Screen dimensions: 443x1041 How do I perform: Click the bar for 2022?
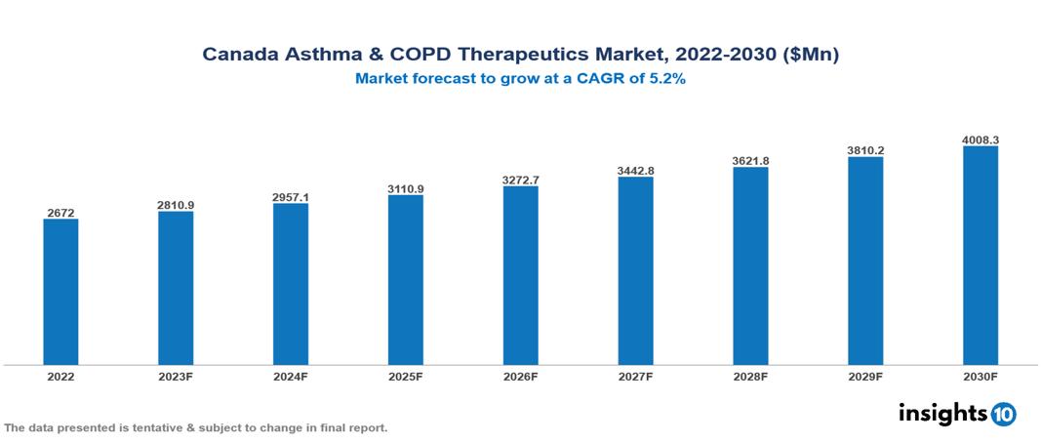pyautogui.click(x=60, y=292)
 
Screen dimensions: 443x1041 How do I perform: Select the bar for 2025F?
pyautogui.click(x=405, y=280)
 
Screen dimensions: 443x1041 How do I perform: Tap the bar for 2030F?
pyautogui.click(x=980, y=256)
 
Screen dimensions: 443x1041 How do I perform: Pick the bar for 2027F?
pyautogui.click(x=635, y=271)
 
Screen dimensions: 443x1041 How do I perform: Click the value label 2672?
pyautogui.click(x=60, y=212)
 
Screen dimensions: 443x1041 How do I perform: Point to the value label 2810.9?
pyautogui.click(x=176, y=205)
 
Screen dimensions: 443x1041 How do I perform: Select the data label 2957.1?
pyautogui.click(x=291, y=197)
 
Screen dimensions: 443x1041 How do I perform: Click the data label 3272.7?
pyautogui.click(x=520, y=180)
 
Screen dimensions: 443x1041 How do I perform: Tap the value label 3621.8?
pyautogui.click(x=750, y=160)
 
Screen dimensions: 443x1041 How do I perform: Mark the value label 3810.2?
pyautogui.click(x=865, y=150)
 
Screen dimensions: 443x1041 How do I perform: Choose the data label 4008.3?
pyautogui.click(x=980, y=140)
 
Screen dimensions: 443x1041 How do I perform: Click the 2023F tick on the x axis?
pyautogui.click(x=176, y=377)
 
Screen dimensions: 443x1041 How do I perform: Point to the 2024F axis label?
pyautogui.click(x=291, y=377)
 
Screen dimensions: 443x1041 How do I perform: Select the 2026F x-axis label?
pyautogui.click(x=520, y=377)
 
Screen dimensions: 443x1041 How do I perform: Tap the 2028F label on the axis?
pyautogui.click(x=750, y=377)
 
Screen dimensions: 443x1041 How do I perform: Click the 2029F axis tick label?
pyautogui.click(x=865, y=377)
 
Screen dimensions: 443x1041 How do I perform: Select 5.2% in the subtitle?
pyautogui.click(x=667, y=80)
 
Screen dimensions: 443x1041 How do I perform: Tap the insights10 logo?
pyautogui.click(x=957, y=413)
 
